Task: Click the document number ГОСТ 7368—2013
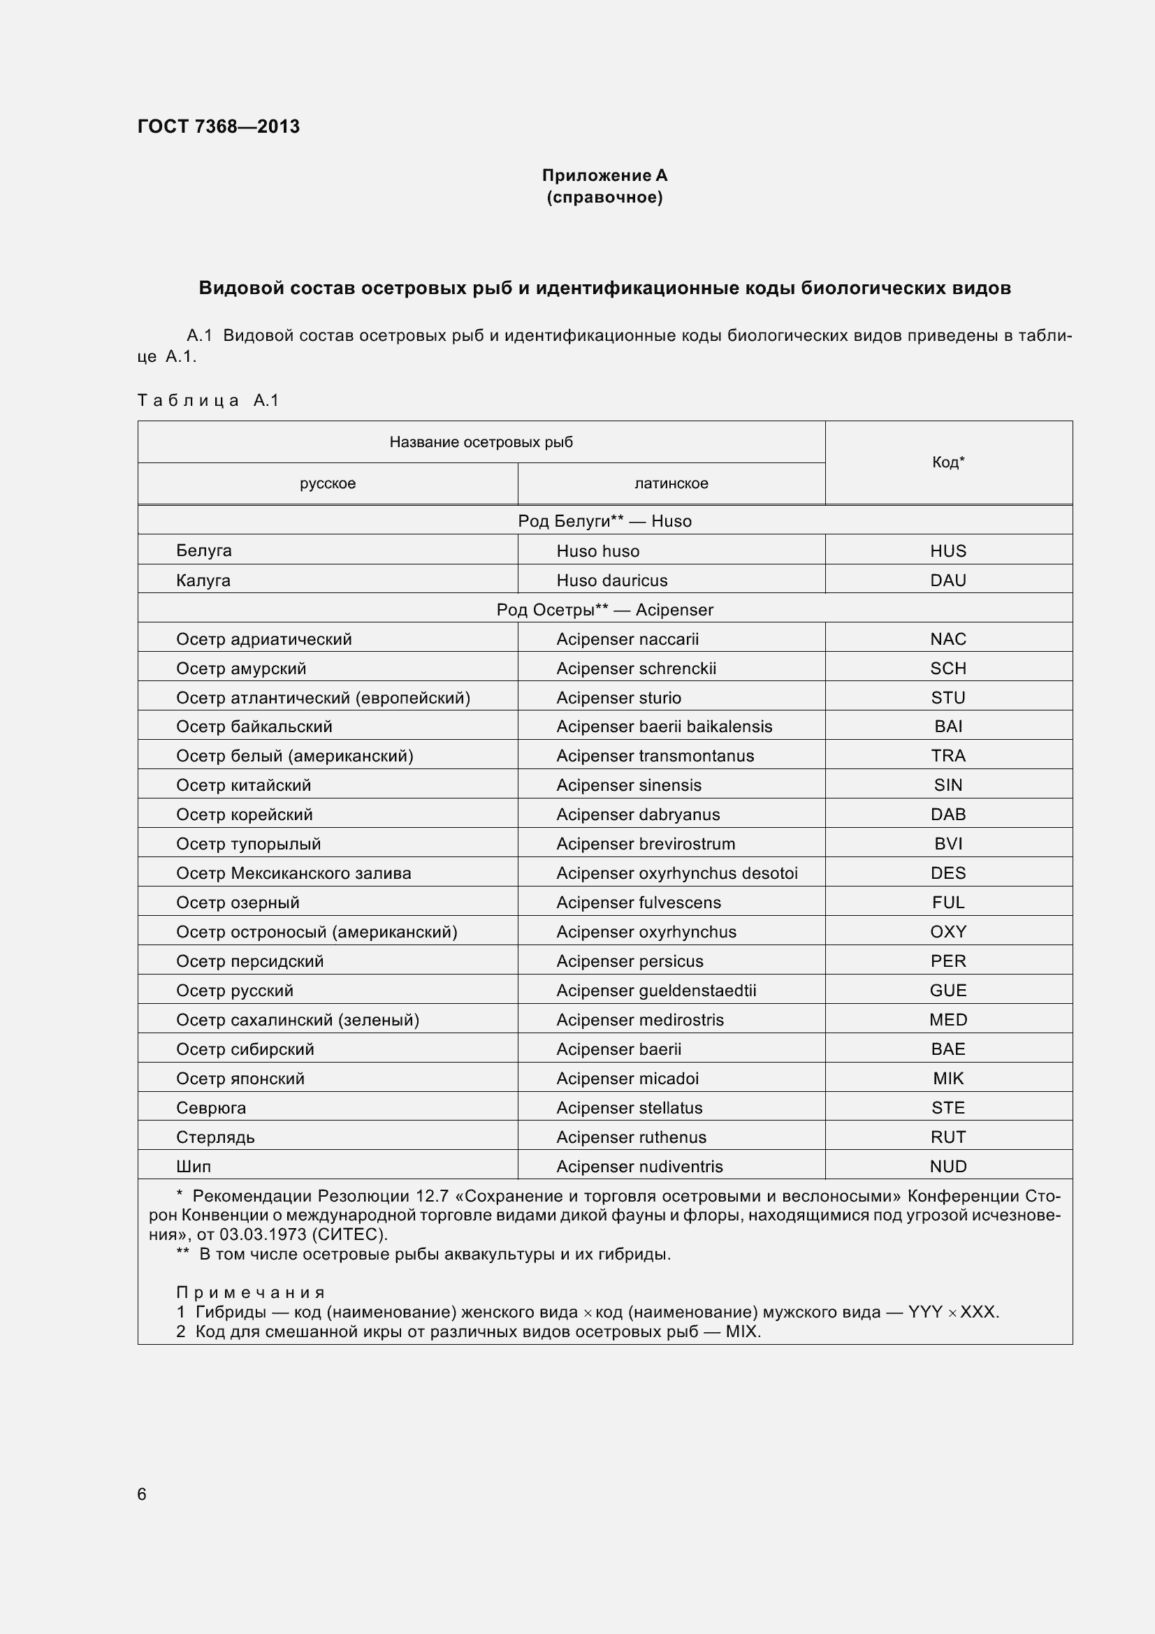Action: pyautogui.click(x=219, y=126)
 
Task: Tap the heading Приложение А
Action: pyautogui.click(x=604, y=175)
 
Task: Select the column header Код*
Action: pyautogui.click(x=948, y=462)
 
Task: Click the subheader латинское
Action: pyautogui.click(x=671, y=484)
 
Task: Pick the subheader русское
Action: pyautogui.click(x=328, y=484)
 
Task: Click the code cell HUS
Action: pyautogui.click(x=948, y=550)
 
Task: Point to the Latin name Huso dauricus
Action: pyautogui.click(x=611, y=581)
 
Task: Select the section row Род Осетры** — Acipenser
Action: pyautogui.click(x=604, y=610)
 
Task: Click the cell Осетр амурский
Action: pyautogui.click(x=241, y=669)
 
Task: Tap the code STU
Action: pyautogui.click(x=948, y=698)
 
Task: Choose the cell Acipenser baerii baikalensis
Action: pyautogui.click(x=664, y=727)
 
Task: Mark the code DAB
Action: pyautogui.click(x=948, y=815)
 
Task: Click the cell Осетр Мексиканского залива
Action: pyautogui.click(x=293, y=873)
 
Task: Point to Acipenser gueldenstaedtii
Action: pyautogui.click(x=656, y=991)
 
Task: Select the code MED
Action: pyautogui.click(x=948, y=1020)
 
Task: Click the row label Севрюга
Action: pyautogui.click(x=210, y=1108)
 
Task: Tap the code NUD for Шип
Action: pyautogui.click(x=948, y=1167)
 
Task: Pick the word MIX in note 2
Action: pyautogui.click(x=741, y=1332)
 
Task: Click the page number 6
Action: pyautogui.click(x=142, y=1494)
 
